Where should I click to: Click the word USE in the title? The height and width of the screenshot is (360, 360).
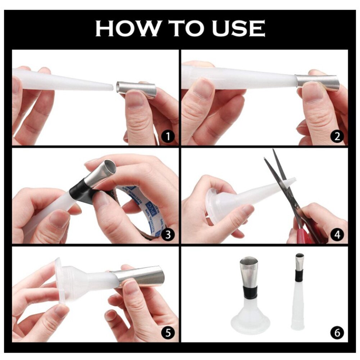point(238,28)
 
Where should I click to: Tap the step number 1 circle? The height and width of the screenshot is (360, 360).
point(168,136)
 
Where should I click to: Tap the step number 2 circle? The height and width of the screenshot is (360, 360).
point(337,136)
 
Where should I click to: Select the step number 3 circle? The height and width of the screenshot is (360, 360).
point(168,235)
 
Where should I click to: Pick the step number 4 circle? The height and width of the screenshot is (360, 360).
point(337,235)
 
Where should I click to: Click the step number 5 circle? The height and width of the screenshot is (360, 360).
point(168,333)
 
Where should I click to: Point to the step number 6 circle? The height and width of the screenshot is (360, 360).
point(337,333)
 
